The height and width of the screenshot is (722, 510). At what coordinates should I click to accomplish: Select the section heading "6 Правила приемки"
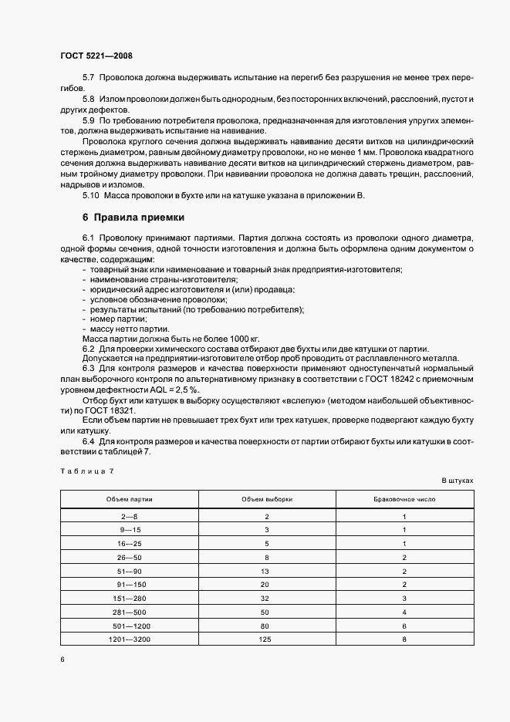pyautogui.click(x=133, y=218)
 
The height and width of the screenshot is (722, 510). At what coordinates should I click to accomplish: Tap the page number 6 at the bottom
pyautogui.click(x=62, y=659)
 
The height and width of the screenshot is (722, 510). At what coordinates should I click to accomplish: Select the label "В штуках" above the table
pyautogui.click(x=458, y=480)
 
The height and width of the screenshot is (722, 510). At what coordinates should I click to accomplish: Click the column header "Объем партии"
pyautogui.click(x=130, y=499)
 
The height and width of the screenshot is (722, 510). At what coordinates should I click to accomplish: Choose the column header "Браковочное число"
pyautogui.click(x=404, y=499)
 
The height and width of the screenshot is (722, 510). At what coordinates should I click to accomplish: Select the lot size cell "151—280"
pyautogui.click(x=129, y=597)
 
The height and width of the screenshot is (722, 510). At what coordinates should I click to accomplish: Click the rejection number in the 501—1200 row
pyautogui.click(x=404, y=625)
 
